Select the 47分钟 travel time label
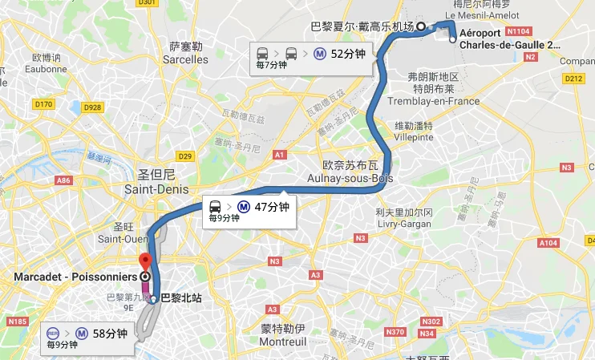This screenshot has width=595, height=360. pos(270,206)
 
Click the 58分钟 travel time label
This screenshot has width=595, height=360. pos(110,334)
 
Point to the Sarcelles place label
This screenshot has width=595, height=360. pos(184,59)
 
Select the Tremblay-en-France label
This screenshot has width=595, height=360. pos(433,101)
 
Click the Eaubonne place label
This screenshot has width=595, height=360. pos(46,69)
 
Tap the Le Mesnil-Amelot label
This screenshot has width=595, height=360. pos(477,14)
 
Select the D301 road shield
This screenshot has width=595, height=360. pos(146,2)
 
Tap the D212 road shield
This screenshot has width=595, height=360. pos(573,79)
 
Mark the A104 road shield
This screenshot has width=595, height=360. pos(548,242)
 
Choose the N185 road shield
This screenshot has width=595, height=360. pos(17,321)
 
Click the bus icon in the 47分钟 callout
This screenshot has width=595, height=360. pos(215,206)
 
